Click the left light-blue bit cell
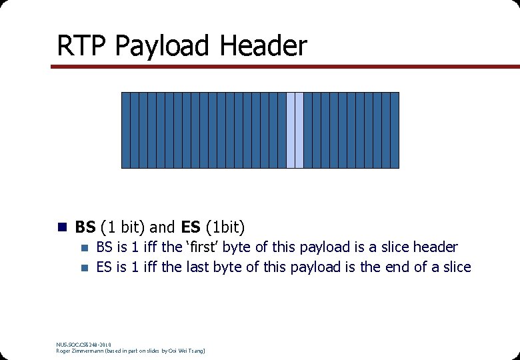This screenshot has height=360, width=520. [x=291, y=130]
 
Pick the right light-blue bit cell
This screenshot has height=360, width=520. [x=299, y=130]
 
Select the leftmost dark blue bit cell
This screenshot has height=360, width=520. [x=125, y=130]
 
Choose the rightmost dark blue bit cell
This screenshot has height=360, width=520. [x=395, y=130]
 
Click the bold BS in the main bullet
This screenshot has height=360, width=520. [x=85, y=227]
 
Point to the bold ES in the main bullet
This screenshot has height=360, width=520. [x=191, y=227]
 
